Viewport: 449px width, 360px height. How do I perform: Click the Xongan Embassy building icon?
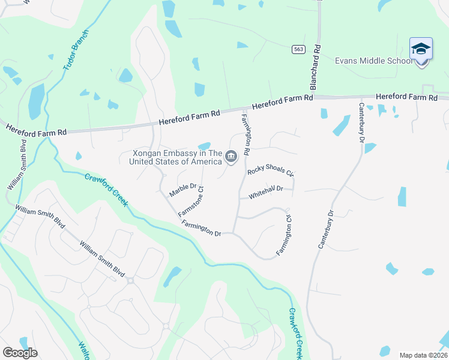coord(231,158)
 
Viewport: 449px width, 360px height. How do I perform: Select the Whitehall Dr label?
coord(266,191)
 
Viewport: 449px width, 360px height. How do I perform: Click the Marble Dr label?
coord(183,190)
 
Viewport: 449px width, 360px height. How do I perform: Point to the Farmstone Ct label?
coord(191,201)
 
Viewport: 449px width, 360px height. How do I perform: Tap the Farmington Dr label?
coord(202,228)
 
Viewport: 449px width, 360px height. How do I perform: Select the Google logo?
coord(20,353)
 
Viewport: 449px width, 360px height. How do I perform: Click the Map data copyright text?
coord(423,355)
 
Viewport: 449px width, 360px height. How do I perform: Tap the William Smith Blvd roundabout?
coord(130,280)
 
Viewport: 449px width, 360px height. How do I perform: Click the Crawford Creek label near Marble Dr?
coord(106,190)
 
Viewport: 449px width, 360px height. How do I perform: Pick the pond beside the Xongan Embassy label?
coord(204,146)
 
